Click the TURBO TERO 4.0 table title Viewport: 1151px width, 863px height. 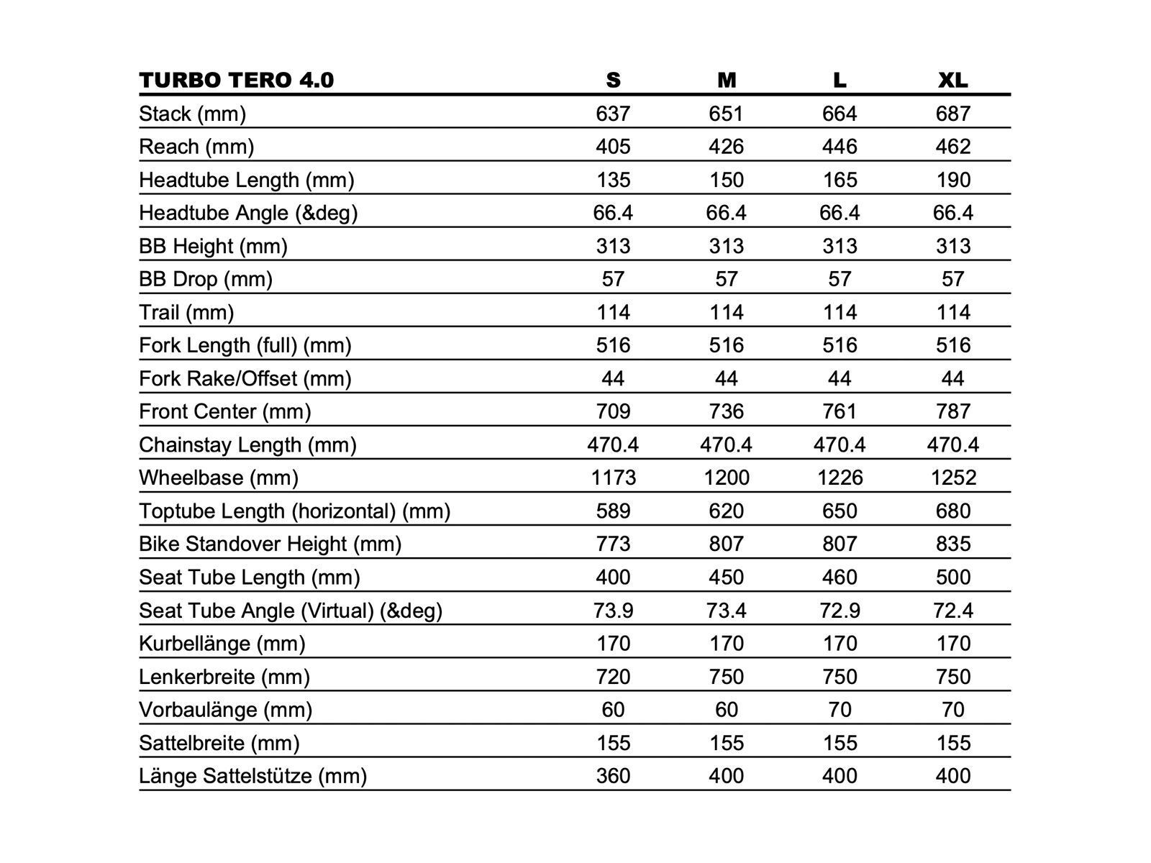pyautogui.click(x=236, y=80)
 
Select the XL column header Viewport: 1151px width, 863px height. pyautogui.click(x=952, y=80)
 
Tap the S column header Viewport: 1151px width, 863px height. pyautogui.click(x=613, y=80)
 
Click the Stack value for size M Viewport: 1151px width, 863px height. pyautogui.click(x=726, y=114)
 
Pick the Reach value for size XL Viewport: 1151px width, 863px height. pyautogui.click(x=952, y=147)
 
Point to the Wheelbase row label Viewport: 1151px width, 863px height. pyautogui.click(x=219, y=478)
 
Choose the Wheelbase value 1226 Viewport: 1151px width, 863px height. pyautogui.click(x=840, y=478)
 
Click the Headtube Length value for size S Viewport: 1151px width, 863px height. pyautogui.click(x=613, y=180)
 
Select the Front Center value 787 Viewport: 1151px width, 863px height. pyautogui.click(x=952, y=411)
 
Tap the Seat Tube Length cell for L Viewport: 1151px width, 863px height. pyautogui.click(x=840, y=577)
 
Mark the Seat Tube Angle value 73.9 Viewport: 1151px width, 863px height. pyautogui.click(x=613, y=611)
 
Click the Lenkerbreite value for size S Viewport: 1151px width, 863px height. pyautogui.click(x=613, y=677)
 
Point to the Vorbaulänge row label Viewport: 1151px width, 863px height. pyautogui.click(x=225, y=710)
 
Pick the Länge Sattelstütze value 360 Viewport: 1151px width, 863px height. pyautogui.click(x=613, y=776)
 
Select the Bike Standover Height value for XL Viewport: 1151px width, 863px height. pyautogui.click(x=952, y=544)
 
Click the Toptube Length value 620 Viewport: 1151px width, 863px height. pyautogui.click(x=726, y=511)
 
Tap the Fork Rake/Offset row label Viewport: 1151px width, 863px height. pyautogui.click(x=245, y=378)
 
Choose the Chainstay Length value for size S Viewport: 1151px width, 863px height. pyautogui.click(x=613, y=444)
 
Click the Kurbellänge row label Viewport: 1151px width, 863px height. pyautogui.click(x=222, y=644)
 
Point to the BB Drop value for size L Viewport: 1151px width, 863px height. pyautogui.click(x=840, y=279)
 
